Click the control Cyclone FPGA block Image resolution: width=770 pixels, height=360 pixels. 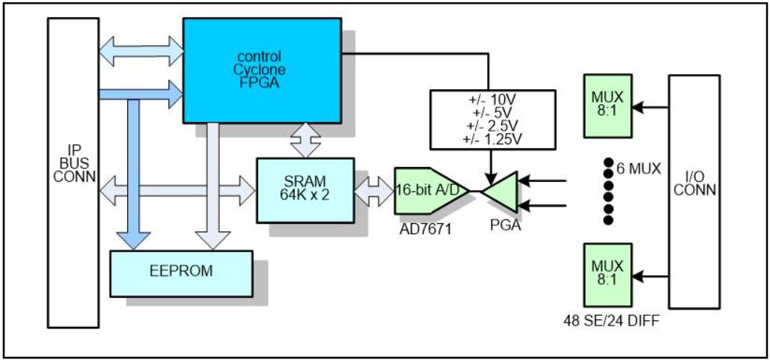[x=260, y=70]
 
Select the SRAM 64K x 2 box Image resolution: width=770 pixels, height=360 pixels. [x=305, y=190]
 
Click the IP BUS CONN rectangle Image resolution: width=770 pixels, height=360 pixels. [x=73, y=172]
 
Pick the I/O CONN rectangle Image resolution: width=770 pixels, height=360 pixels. [x=694, y=191]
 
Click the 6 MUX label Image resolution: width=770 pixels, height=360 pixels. [x=638, y=168]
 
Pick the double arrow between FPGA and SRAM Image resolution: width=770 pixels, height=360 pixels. [x=306, y=141]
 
